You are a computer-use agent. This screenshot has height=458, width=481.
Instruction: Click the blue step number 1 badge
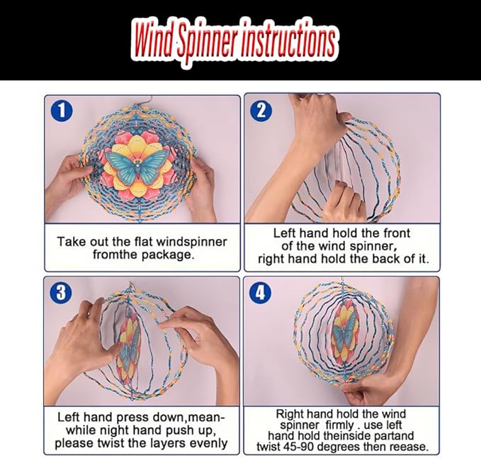pos(62,111)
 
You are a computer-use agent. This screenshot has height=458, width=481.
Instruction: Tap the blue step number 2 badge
pos(261,111)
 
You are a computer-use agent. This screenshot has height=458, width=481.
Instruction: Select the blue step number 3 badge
pos(62,292)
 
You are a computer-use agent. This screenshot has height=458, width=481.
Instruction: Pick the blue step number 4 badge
pos(261,292)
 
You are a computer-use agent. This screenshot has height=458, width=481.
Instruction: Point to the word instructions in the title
pos(288,40)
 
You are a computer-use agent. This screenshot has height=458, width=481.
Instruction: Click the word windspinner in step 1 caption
pos(191,242)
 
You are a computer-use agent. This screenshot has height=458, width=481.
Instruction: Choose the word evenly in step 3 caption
pos(208,444)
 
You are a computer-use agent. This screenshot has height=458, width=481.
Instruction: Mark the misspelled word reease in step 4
pos(409,447)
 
